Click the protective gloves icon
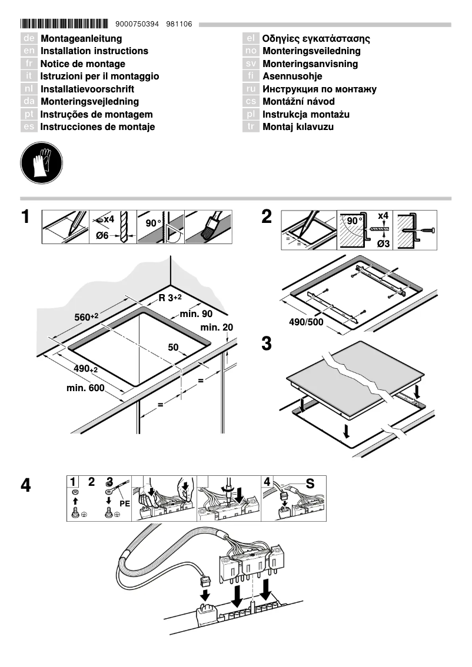click(41, 161)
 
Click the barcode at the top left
click(64, 24)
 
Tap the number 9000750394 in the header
click(137, 24)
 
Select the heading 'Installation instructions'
click(94, 51)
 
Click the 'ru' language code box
click(251, 89)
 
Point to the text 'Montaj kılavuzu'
click(298, 127)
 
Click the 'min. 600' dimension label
click(85, 389)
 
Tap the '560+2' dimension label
click(86, 316)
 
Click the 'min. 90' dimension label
click(196, 315)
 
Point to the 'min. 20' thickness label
click(217, 327)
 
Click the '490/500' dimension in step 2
click(307, 322)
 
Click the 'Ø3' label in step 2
click(383, 244)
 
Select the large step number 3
click(267, 344)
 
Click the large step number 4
click(26, 486)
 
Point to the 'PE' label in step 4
click(124, 503)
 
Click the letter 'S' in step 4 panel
click(310, 484)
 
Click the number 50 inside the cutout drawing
click(173, 348)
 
